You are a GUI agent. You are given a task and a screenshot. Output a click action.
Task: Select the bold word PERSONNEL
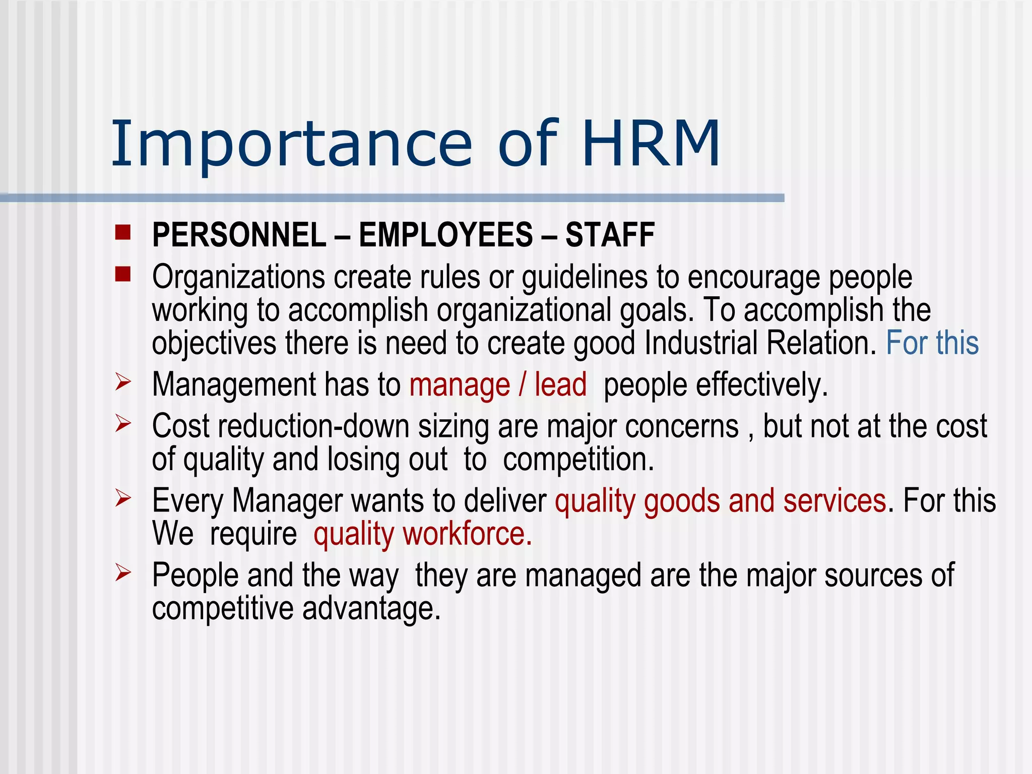[239, 235]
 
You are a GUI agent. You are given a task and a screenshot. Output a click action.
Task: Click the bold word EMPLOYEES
[445, 235]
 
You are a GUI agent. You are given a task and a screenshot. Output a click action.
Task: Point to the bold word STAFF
[610, 235]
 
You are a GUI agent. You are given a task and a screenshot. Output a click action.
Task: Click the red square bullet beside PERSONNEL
[122, 233]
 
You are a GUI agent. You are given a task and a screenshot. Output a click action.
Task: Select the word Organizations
[238, 278]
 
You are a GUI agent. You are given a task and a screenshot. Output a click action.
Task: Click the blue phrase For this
[932, 343]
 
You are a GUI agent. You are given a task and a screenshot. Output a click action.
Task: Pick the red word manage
[460, 385]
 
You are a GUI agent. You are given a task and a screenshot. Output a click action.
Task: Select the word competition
[578, 460]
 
